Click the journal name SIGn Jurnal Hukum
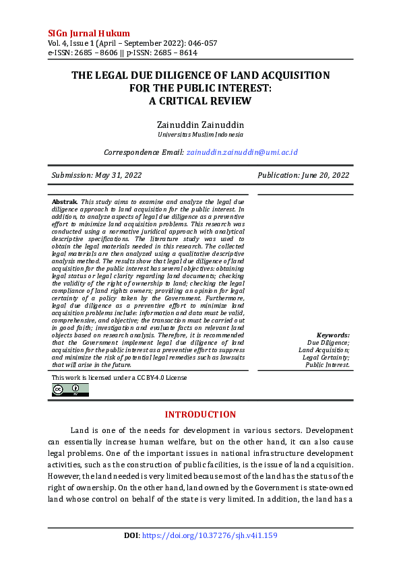(x=89, y=33)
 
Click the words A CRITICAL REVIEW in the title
(x=200, y=101)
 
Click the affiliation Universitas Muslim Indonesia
(x=200, y=135)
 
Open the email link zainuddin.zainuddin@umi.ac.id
(x=242, y=153)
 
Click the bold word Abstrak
(x=65, y=202)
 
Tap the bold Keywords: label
(x=333, y=335)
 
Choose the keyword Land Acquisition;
(x=324, y=350)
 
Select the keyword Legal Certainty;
(x=326, y=358)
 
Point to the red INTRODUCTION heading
(x=200, y=414)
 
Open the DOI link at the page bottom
(x=209, y=536)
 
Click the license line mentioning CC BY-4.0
(x=119, y=378)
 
